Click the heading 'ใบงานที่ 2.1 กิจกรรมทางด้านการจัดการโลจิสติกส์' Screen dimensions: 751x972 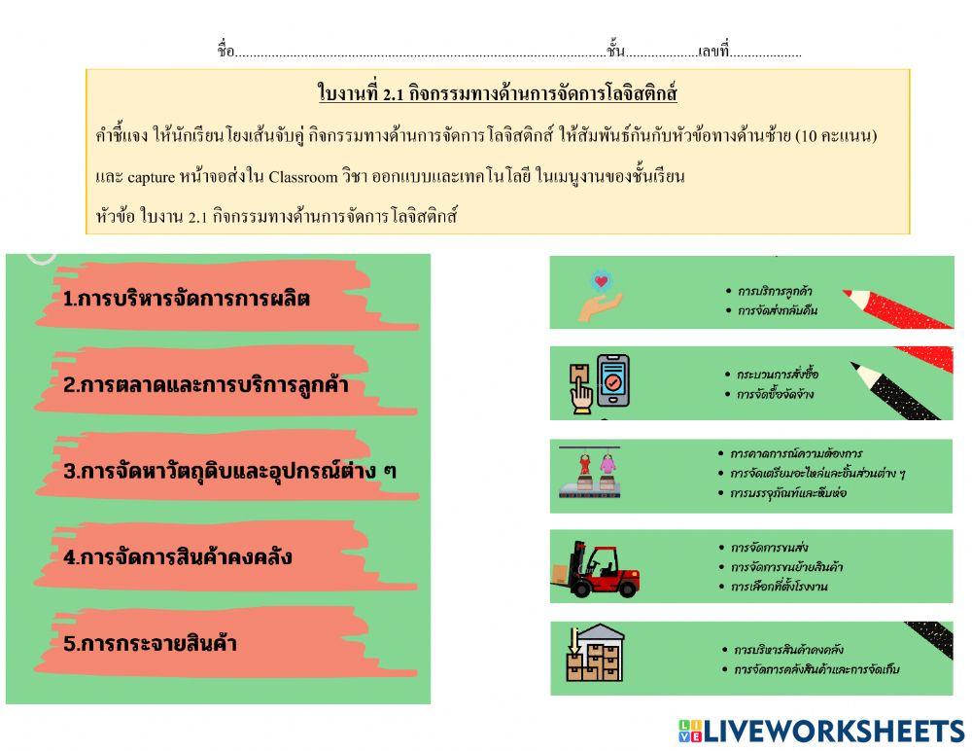click(497, 93)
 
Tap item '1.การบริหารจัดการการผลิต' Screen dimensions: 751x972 click(186, 299)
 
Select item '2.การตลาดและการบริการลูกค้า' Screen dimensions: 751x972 click(205, 384)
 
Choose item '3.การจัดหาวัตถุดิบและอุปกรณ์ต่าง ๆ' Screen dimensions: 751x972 click(229, 472)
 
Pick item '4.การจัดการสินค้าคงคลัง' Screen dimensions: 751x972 click(177, 557)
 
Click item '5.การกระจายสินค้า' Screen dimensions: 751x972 click(150, 643)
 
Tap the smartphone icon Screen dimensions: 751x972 click(613, 380)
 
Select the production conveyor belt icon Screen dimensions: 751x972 click(589, 474)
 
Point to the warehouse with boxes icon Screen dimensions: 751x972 click(594, 654)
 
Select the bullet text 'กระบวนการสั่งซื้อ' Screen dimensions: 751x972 click(778, 374)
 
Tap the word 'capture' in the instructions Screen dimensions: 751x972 click(151, 177)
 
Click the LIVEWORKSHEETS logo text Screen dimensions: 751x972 click(833, 731)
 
